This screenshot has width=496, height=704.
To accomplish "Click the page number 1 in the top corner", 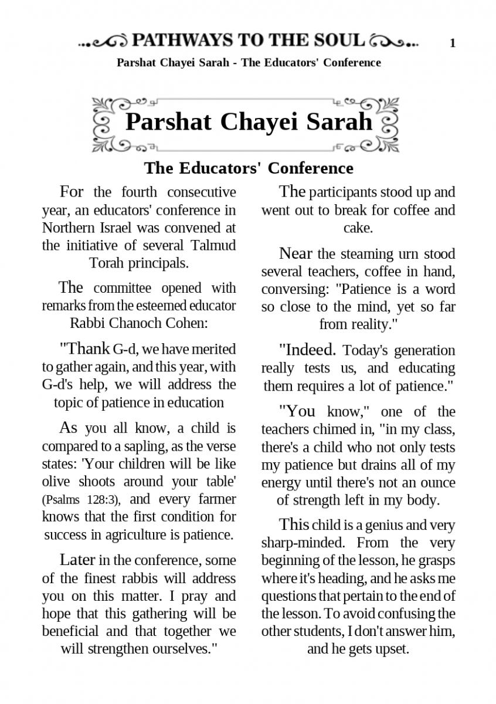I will (x=453, y=43).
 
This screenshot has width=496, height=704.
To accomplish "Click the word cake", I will (x=358, y=227).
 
